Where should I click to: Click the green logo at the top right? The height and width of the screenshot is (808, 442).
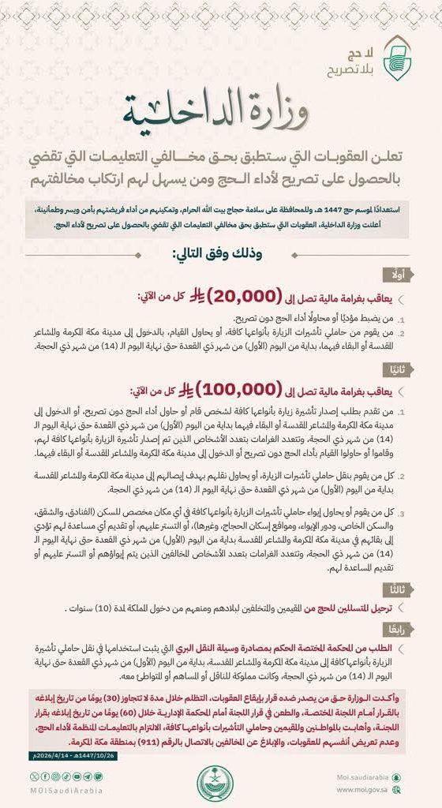coord(396,56)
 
